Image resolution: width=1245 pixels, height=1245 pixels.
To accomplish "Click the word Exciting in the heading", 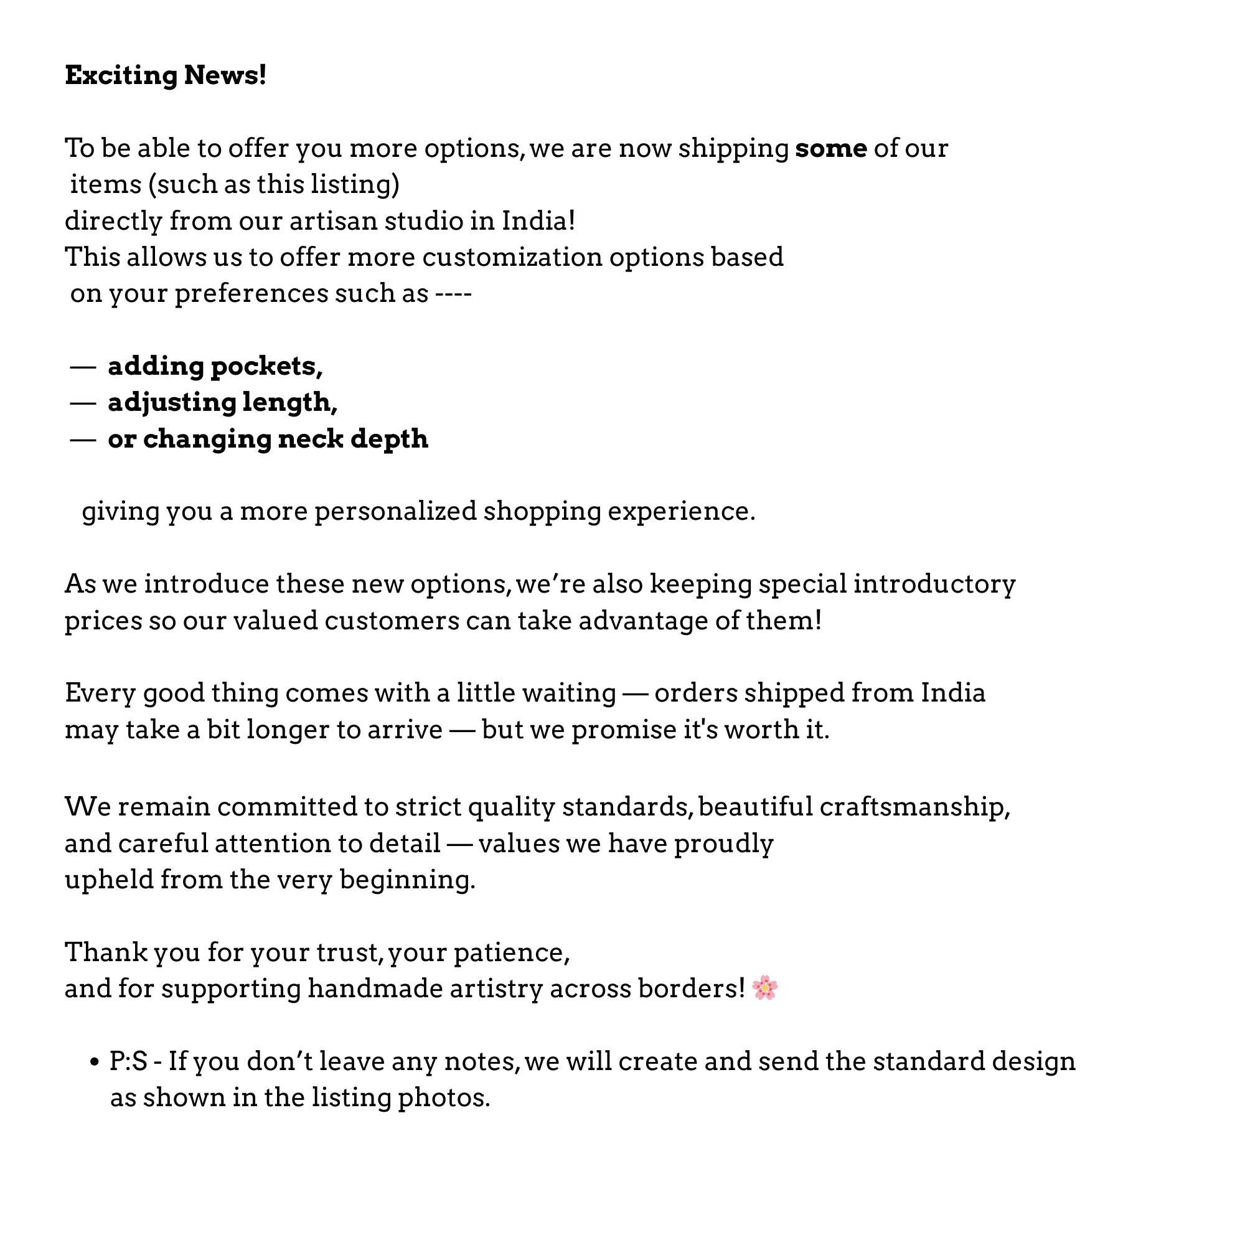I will pos(121,75).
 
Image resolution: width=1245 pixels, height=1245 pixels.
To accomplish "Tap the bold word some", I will pos(830,149).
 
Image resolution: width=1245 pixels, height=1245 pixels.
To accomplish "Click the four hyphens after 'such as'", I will pos(454,294).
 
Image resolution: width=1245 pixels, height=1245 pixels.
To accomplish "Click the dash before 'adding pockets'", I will pos(83,367).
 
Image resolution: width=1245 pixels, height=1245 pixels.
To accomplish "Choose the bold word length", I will pos(289,403).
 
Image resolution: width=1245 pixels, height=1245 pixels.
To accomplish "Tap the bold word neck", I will pos(310,439).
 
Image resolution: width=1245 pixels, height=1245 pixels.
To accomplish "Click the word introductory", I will pos(934,585).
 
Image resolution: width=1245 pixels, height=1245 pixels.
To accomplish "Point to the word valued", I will pos(275,621).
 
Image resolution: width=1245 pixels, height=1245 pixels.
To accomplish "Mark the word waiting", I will pos(568,693).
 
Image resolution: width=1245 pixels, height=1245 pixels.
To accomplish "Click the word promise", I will pos(622,730).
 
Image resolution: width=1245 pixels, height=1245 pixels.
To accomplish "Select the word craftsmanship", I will pos(914,807).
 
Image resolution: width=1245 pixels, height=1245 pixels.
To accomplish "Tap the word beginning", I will pos(406,880).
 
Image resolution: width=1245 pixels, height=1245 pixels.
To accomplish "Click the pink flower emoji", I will pos(765,988).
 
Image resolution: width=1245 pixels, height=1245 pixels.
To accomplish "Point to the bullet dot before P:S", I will pos(95,1063).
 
